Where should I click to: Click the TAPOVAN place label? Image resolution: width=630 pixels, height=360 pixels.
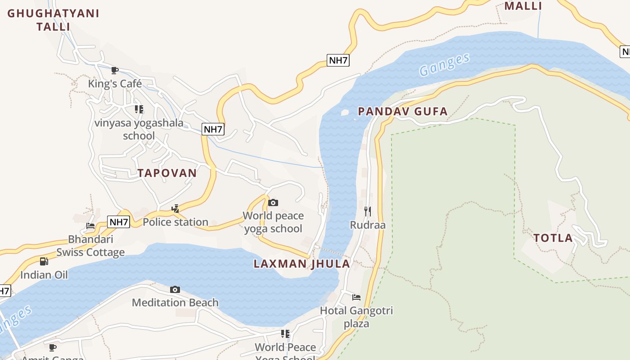click(x=167, y=173)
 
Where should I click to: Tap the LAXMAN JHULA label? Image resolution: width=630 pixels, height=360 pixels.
click(x=301, y=264)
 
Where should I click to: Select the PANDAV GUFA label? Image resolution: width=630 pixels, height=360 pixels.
click(x=403, y=111)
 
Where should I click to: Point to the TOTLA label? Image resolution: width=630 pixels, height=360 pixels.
click(x=553, y=238)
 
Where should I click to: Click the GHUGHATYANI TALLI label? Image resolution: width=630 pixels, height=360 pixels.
click(x=53, y=20)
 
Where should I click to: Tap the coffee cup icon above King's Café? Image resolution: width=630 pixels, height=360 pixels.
click(x=115, y=70)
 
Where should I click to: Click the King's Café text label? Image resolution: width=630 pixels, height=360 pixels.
click(x=115, y=84)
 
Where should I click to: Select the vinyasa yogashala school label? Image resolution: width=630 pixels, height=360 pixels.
click(x=139, y=129)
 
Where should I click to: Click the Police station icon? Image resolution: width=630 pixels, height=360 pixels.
click(x=175, y=209)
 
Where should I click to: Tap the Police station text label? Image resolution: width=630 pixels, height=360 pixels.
click(x=175, y=222)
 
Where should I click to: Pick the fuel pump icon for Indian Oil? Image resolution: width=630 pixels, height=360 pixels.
click(x=44, y=261)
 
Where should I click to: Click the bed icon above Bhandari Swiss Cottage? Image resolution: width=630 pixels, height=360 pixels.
click(x=90, y=226)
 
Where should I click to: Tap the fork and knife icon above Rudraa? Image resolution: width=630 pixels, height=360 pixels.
click(x=368, y=211)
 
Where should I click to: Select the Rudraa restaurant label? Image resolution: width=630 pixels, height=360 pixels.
click(x=368, y=225)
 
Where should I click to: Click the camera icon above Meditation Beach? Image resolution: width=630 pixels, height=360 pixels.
click(x=175, y=289)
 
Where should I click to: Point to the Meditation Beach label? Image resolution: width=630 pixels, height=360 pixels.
click(x=175, y=302)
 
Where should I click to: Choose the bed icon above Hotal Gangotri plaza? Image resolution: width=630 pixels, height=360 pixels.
click(x=356, y=297)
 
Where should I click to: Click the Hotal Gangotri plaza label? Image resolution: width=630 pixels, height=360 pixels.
click(x=356, y=317)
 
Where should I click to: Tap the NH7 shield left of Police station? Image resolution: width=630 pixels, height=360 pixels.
click(x=119, y=222)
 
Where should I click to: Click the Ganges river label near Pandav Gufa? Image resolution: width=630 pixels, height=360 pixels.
click(x=444, y=65)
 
